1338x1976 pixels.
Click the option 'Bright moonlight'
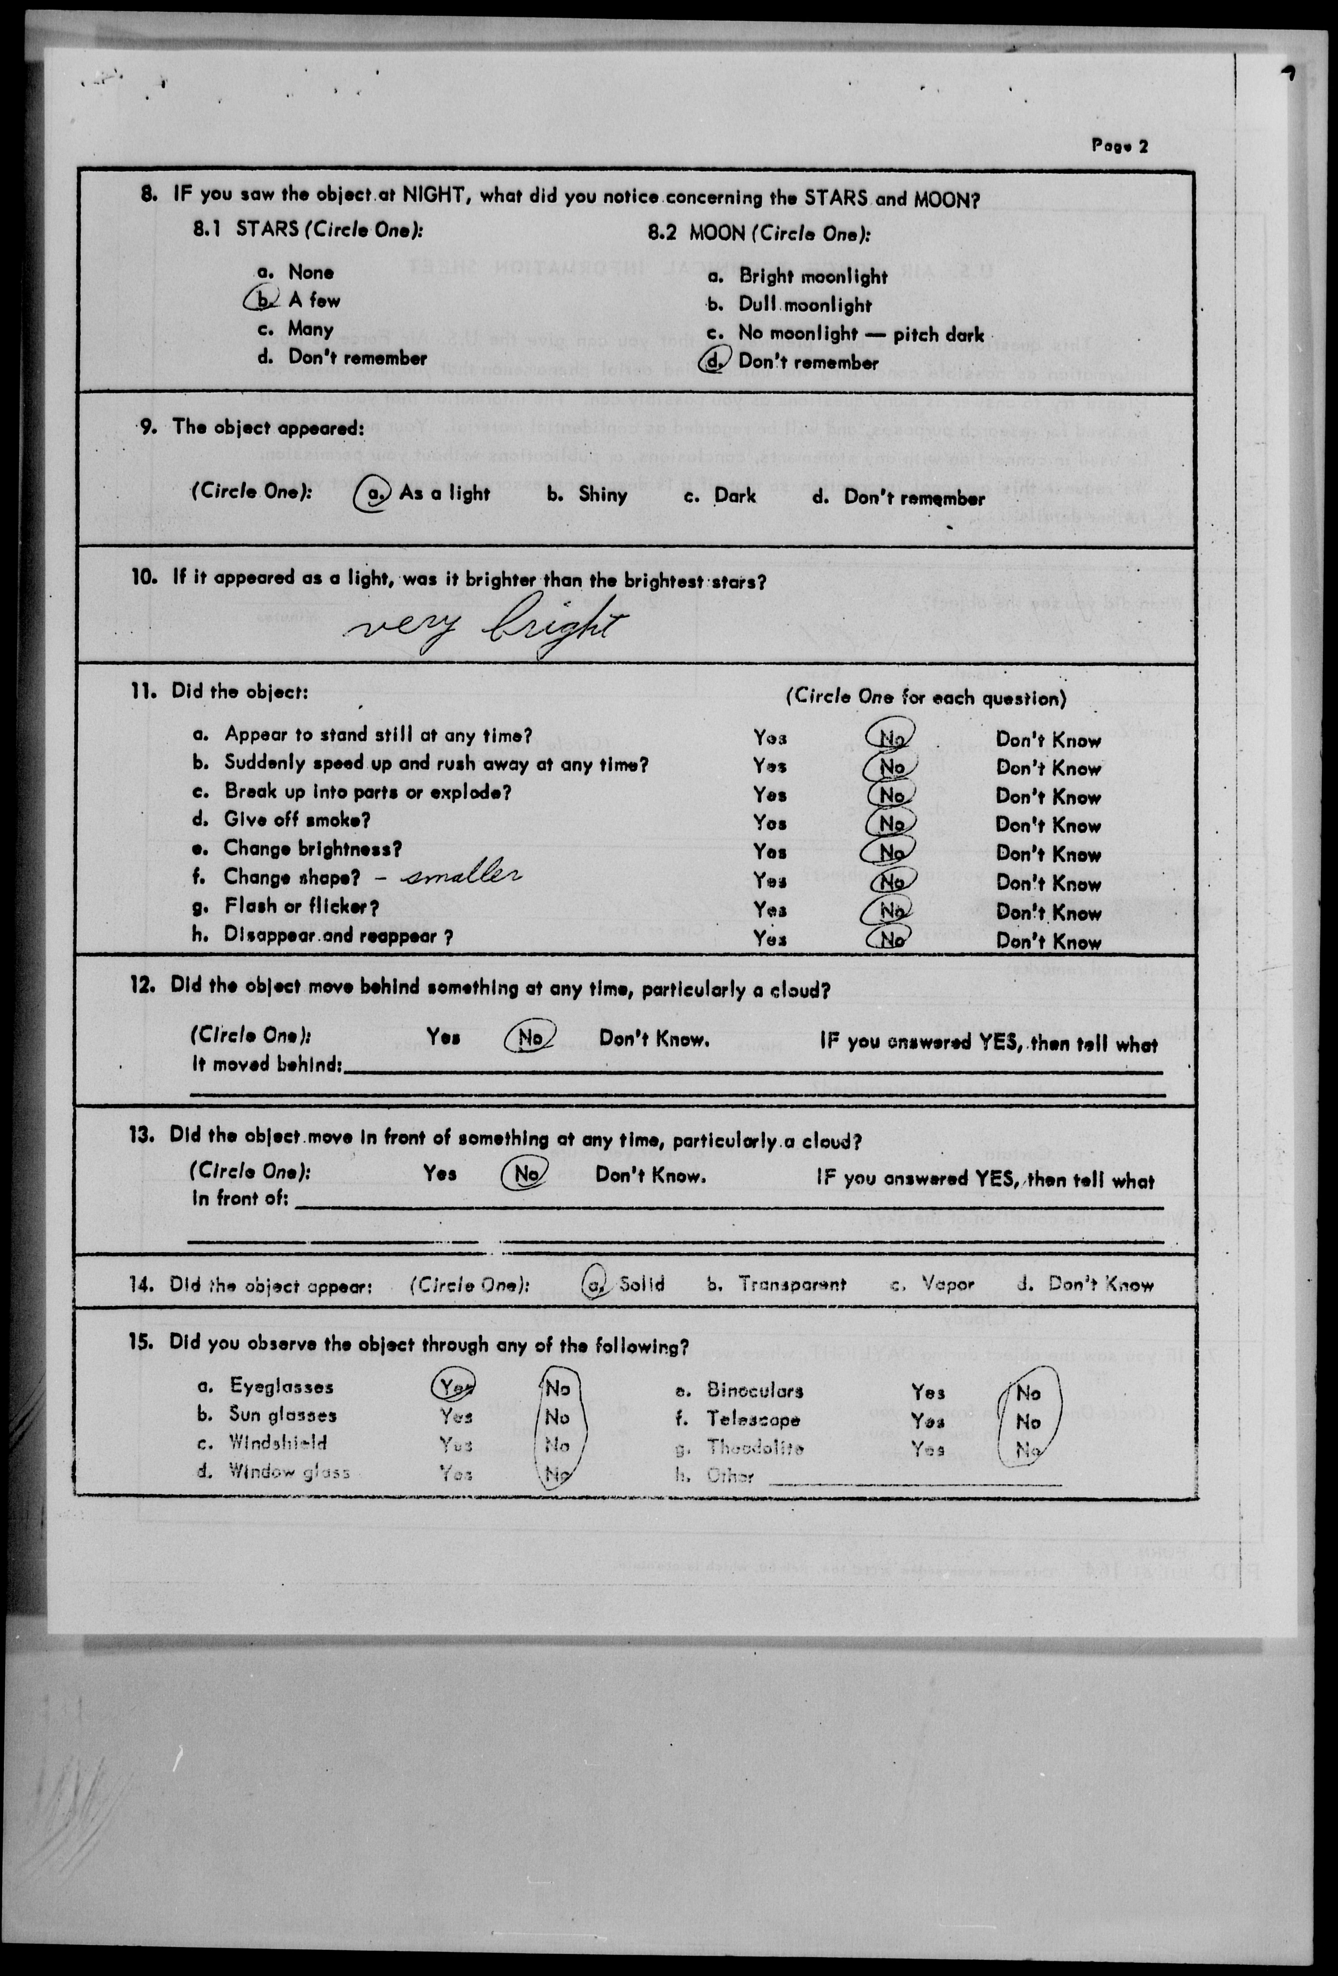(x=813, y=276)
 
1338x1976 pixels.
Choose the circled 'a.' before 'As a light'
(x=371, y=494)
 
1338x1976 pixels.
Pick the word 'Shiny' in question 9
(x=603, y=495)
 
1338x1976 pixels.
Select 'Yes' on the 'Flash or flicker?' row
(x=769, y=910)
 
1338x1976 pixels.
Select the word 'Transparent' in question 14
(x=792, y=1285)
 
